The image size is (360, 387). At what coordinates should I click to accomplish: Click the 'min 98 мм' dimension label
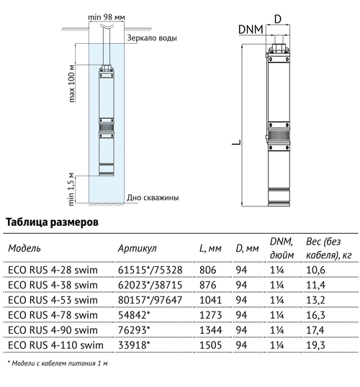click(107, 17)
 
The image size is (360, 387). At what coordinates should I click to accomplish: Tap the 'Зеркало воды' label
click(152, 38)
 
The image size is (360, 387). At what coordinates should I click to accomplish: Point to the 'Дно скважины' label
click(153, 198)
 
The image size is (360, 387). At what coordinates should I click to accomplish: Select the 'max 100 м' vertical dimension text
click(71, 83)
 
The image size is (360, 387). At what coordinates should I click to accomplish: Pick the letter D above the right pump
click(278, 19)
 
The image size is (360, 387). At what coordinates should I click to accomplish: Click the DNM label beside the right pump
click(251, 29)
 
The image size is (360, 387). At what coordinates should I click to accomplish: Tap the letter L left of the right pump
click(236, 142)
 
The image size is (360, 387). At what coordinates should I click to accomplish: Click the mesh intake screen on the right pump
click(279, 136)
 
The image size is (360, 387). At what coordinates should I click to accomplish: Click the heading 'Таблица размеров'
click(52, 222)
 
